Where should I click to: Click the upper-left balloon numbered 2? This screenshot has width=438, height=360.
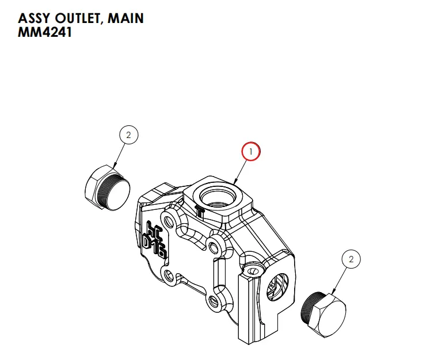point(128,135)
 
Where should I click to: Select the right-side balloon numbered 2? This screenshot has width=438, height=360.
point(351,259)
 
